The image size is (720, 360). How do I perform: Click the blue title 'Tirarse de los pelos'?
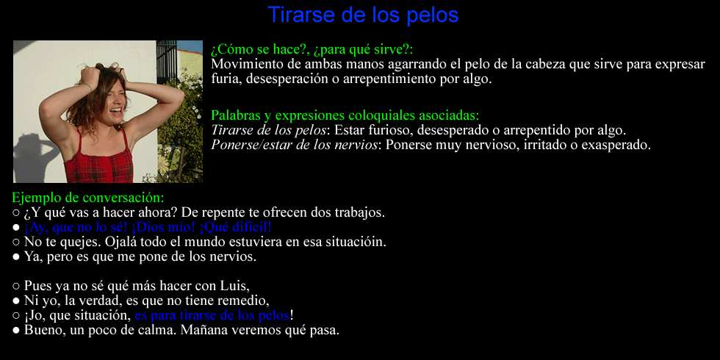tap(363, 15)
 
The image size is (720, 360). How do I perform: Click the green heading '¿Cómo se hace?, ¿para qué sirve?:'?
tap(312, 50)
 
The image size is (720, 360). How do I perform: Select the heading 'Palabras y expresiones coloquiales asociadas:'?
tap(345, 115)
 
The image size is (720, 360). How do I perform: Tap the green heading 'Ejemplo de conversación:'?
tap(87, 198)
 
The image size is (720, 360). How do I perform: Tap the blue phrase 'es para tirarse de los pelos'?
tap(212, 315)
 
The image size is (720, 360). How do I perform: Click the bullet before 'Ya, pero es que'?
tap(16, 257)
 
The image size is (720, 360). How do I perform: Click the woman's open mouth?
tap(118, 112)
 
